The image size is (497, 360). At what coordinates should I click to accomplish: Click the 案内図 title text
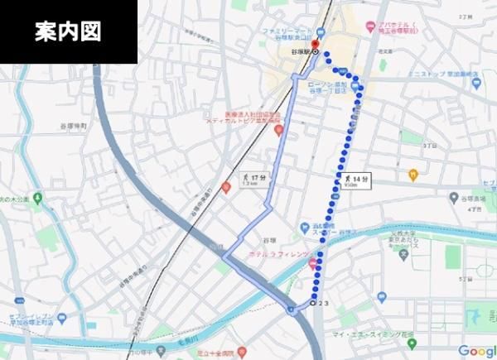click(68, 32)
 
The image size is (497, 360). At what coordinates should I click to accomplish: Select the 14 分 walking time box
click(355, 180)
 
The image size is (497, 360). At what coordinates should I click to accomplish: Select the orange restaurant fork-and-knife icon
click(413, 174)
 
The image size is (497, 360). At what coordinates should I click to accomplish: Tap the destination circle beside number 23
click(314, 304)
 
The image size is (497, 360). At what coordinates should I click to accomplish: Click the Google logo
click(473, 350)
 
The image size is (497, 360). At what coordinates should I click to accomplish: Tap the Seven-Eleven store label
click(33, 318)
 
